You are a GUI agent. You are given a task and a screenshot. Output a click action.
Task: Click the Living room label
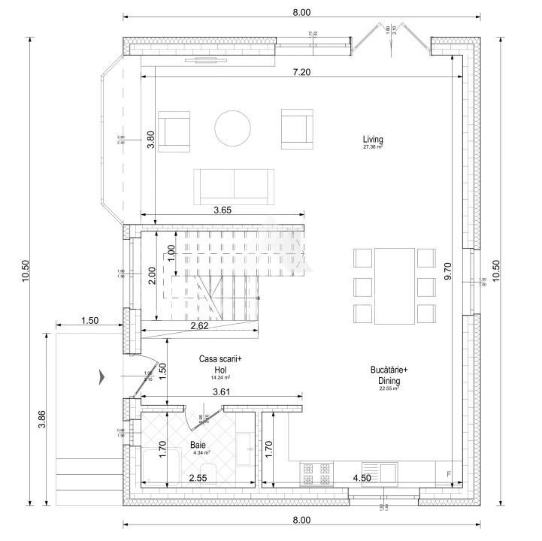coord(373,140)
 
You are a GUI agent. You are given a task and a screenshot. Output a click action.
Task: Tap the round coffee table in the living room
coord(233,128)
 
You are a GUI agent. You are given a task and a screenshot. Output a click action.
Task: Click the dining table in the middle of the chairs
coord(394,285)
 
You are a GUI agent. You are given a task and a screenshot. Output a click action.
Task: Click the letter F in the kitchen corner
coord(449,474)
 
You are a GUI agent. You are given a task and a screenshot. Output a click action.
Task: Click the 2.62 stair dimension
coord(198,325)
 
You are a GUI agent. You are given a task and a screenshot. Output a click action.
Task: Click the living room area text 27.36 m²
coord(373,148)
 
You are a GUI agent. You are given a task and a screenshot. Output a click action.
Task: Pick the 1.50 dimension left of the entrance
coord(89,321)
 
